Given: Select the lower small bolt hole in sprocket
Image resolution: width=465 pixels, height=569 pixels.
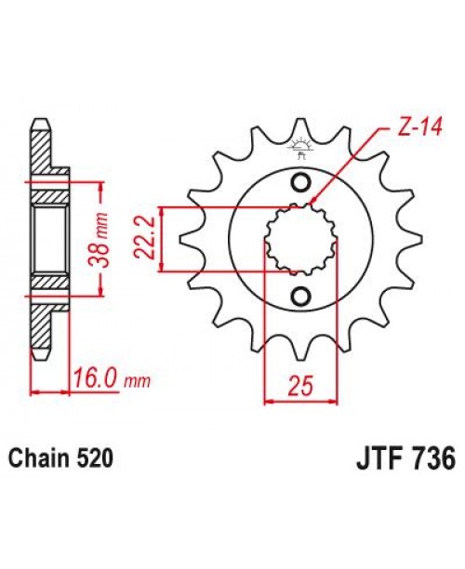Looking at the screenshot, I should [300, 297].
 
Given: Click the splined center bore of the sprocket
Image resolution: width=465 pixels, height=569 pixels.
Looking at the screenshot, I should [300, 239].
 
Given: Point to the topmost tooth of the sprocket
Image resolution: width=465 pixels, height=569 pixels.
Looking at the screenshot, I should [300, 128].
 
